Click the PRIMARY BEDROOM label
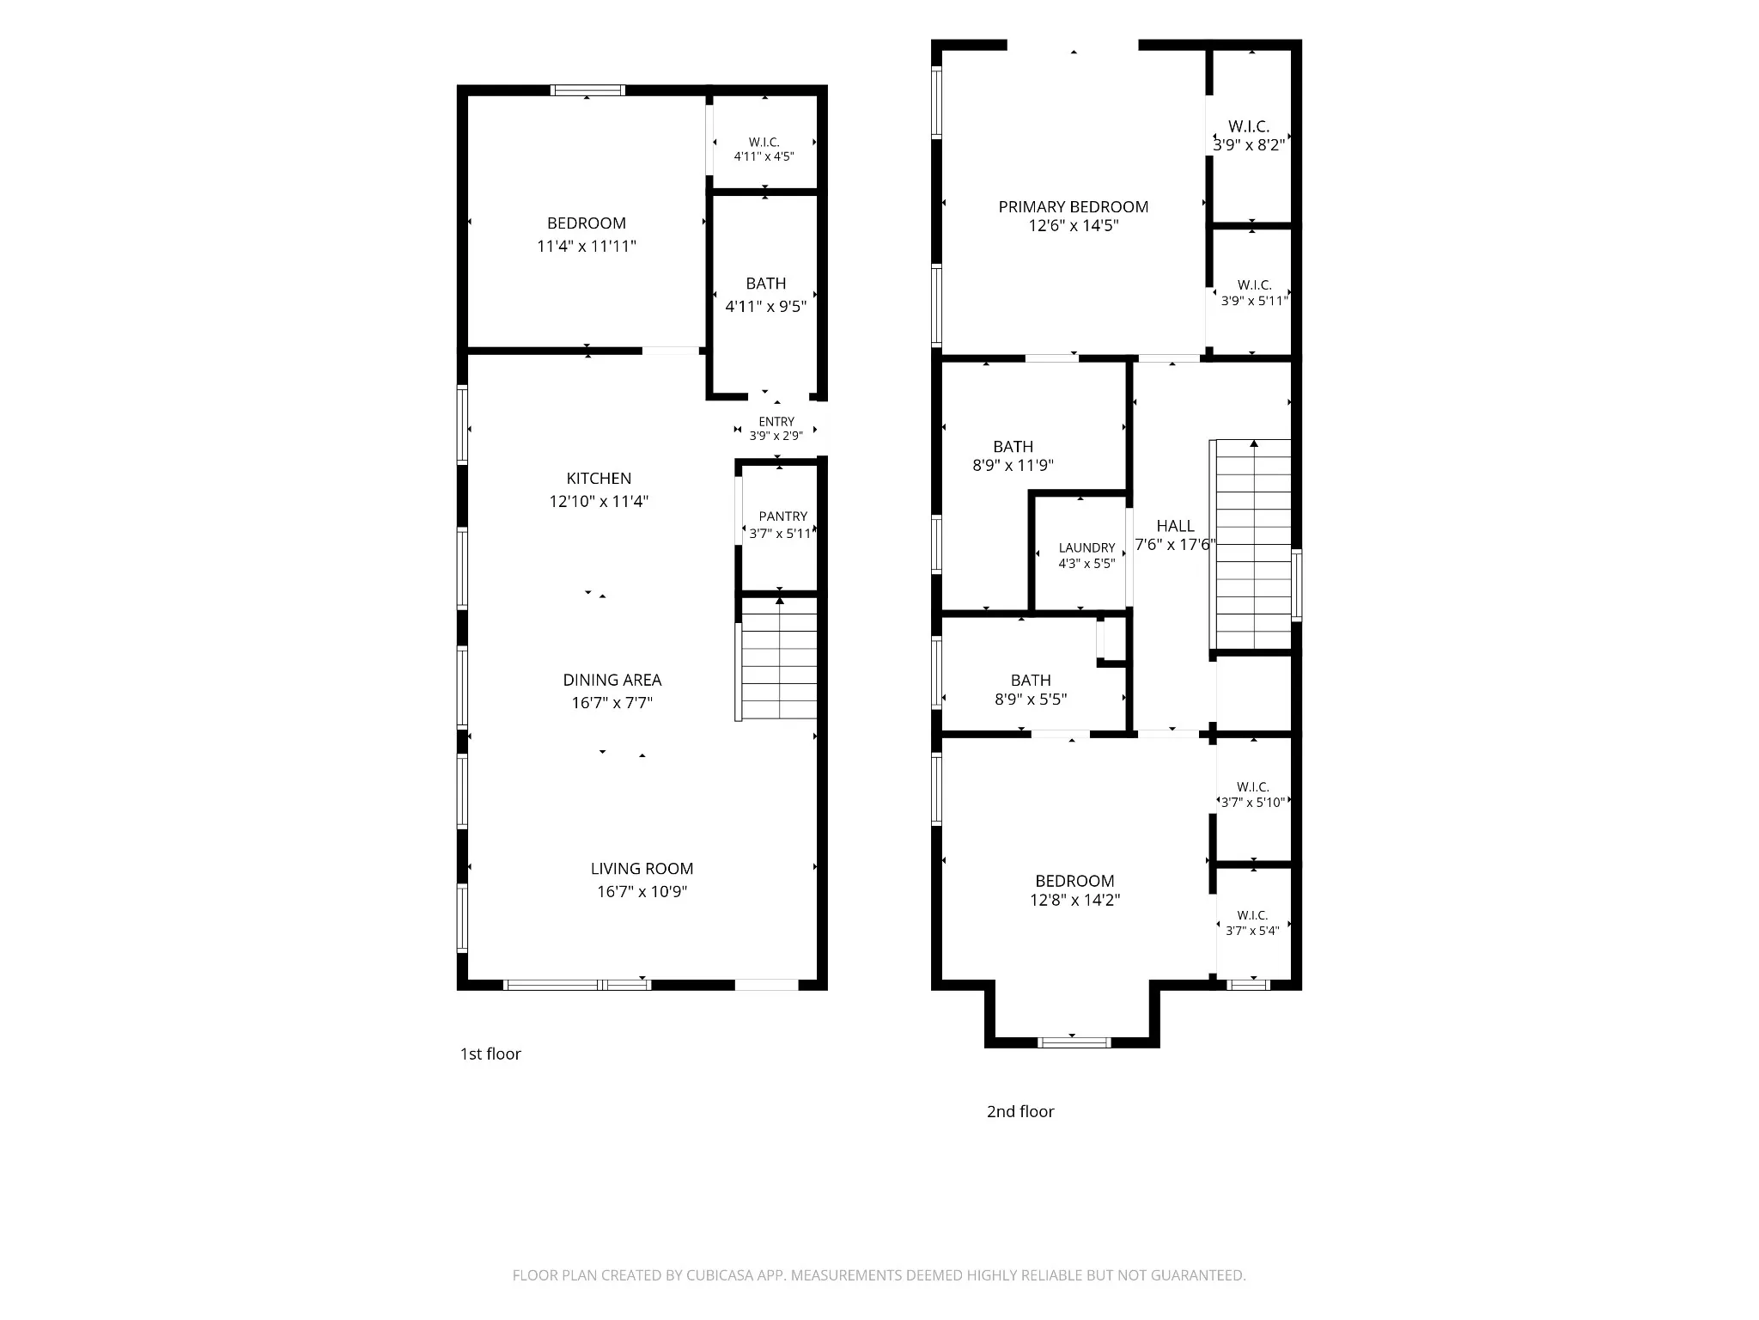pyautogui.click(x=1073, y=207)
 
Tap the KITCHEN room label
pyautogui.click(x=599, y=479)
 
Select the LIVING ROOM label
pyautogui.click(x=642, y=869)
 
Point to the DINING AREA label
pyautogui.click(x=612, y=680)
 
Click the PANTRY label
pyautogui.click(x=782, y=516)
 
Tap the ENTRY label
pyautogui.click(x=776, y=422)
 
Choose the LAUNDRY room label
pyautogui.click(x=1086, y=547)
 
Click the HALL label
pyautogui.click(x=1175, y=526)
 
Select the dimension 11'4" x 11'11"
pyautogui.click(x=587, y=247)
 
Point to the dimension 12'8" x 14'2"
pyautogui.click(x=1074, y=900)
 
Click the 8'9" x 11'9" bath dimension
pyautogui.click(x=1013, y=466)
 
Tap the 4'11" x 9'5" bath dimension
pyautogui.click(x=765, y=307)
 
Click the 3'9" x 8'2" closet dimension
pyautogui.click(x=1249, y=145)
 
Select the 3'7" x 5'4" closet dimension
pyautogui.click(x=1252, y=931)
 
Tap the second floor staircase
pyautogui.click(x=1251, y=544)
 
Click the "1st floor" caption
pyautogui.click(x=490, y=1054)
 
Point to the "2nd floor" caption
pyautogui.click(x=1020, y=1112)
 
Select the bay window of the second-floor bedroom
pyautogui.click(x=1074, y=1042)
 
